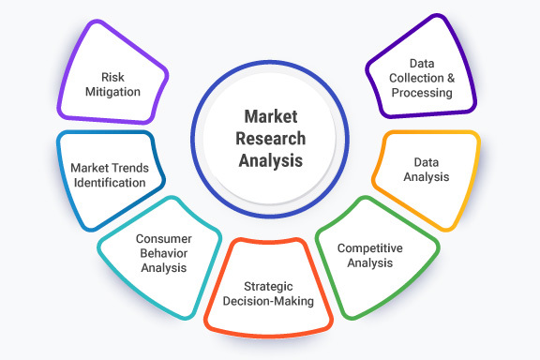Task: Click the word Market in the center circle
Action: click(270, 116)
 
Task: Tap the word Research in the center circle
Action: click(270, 138)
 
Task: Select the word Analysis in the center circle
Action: click(270, 159)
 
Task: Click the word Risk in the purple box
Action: click(113, 78)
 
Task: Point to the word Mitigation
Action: click(113, 93)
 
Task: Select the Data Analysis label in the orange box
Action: click(426, 168)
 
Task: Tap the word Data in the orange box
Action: click(426, 160)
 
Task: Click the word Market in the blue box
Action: click(88, 168)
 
